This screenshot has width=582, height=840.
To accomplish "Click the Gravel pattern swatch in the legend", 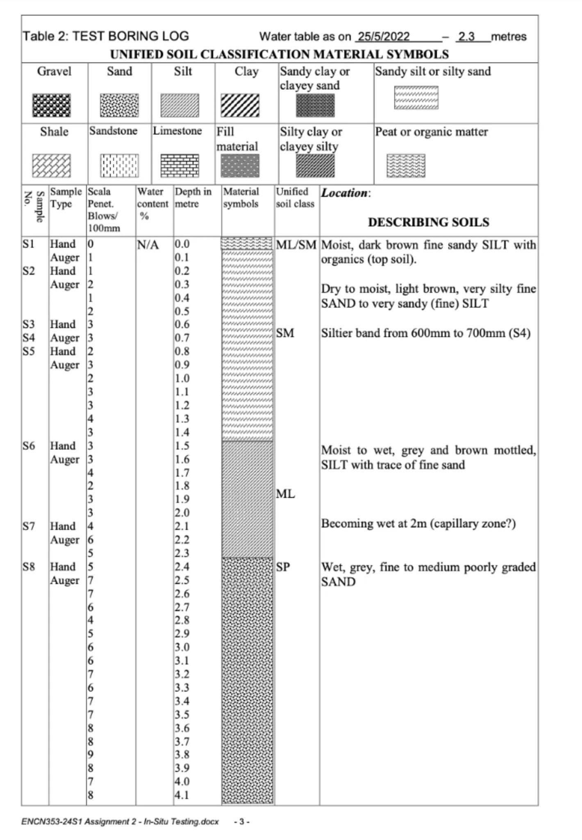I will (51, 105).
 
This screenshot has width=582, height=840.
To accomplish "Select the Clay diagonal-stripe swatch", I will (240, 105).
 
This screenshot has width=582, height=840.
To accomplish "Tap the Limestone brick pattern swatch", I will (180, 165).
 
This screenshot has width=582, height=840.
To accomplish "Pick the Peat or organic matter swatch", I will (406, 166).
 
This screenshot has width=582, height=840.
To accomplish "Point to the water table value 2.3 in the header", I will (466, 37).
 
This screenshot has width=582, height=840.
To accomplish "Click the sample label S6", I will (29, 446).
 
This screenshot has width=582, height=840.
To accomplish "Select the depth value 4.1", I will (182, 795).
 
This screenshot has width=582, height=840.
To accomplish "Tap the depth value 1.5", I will (182, 446).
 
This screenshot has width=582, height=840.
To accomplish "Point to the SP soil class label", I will (283, 567).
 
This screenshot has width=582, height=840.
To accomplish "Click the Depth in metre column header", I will (193, 197).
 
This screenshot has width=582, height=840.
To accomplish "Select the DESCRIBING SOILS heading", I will (428, 222).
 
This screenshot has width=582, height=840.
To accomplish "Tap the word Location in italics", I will (344, 193).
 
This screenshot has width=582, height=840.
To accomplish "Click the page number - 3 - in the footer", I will (242, 822).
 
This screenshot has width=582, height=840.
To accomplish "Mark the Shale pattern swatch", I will (51, 166).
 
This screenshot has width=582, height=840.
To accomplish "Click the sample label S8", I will (29, 567).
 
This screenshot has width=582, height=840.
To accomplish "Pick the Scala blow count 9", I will (91, 754).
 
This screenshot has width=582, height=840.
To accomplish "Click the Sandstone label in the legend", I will (113, 131).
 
